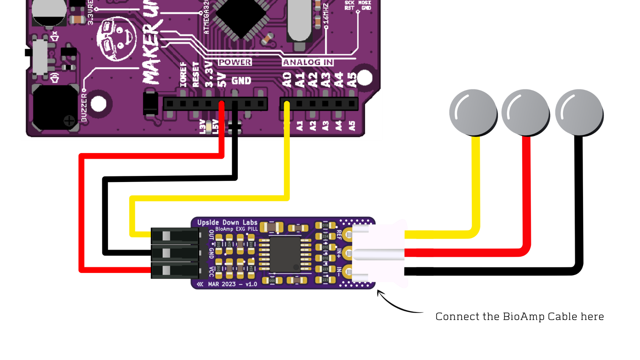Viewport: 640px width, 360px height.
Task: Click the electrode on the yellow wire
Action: [473, 112]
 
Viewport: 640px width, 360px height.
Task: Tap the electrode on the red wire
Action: [525, 112]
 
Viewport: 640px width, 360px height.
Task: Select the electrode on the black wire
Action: [579, 112]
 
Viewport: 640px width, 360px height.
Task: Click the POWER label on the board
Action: [235, 62]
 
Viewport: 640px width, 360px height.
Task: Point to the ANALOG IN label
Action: [308, 62]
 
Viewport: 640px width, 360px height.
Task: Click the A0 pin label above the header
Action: [287, 80]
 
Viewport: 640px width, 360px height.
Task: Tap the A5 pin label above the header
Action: [352, 80]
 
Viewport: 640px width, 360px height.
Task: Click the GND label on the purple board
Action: [241, 81]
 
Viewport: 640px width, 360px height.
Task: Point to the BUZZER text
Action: [84, 107]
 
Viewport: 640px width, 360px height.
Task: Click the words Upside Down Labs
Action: [227, 222]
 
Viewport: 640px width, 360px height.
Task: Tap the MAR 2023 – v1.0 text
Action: [232, 284]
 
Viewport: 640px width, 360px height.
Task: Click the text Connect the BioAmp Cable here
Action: [519, 316]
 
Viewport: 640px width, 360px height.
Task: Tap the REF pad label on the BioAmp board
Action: [339, 235]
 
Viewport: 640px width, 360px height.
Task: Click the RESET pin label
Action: [196, 75]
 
